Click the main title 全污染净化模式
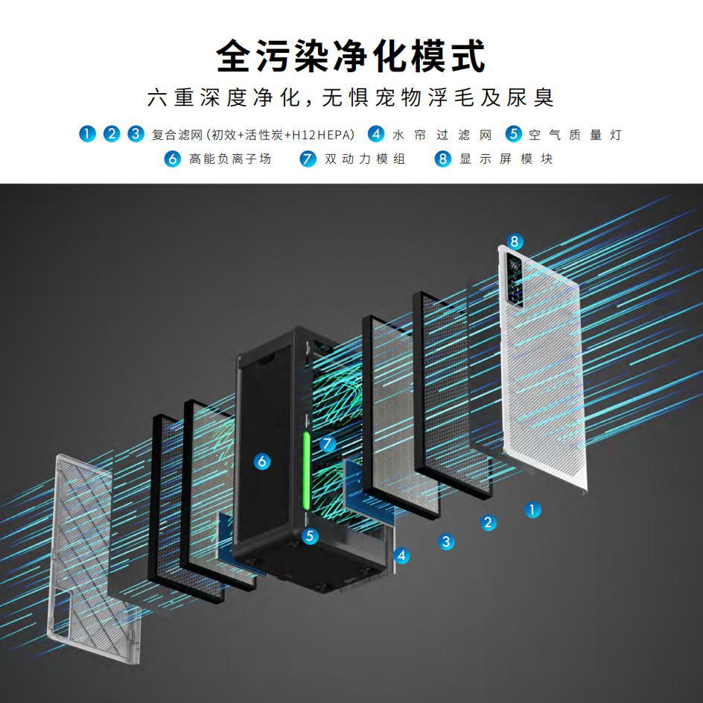[x=351, y=56]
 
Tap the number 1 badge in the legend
[x=88, y=134]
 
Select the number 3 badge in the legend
[x=136, y=134]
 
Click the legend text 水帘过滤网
[x=442, y=135]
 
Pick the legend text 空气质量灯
[x=575, y=135]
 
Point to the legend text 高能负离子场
[x=230, y=159]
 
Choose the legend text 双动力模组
[x=365, y=159]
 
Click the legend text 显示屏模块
[x=506, y=159]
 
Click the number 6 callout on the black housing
[x=261, y=462]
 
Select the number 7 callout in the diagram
[x=328, y=444]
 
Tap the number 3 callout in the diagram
[x=446, y=541]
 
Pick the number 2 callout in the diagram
[x=489, y=523]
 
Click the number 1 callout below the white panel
[x=532, y=510]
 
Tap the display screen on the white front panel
[x=515, y=277]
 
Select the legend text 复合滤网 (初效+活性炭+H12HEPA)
[x=253, y=135]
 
